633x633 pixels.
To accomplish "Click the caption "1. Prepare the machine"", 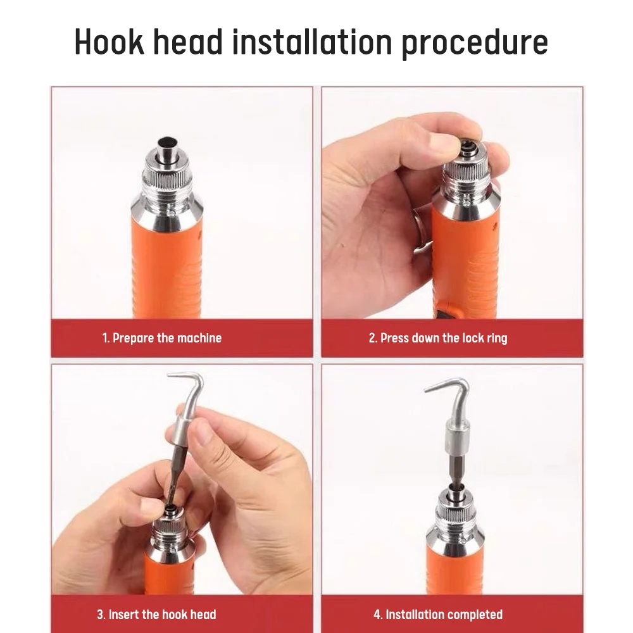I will click(x=162, y=338).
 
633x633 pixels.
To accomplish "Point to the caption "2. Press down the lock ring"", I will click(x=438, y=338).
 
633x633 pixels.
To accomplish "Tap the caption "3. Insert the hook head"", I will click(x=156, y=614).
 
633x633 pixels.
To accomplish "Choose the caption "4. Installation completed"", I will click(x=438, y=614).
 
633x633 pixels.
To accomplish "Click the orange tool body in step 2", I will click(x=465, y=266).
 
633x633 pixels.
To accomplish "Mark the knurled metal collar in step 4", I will click(x=457, y=516).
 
